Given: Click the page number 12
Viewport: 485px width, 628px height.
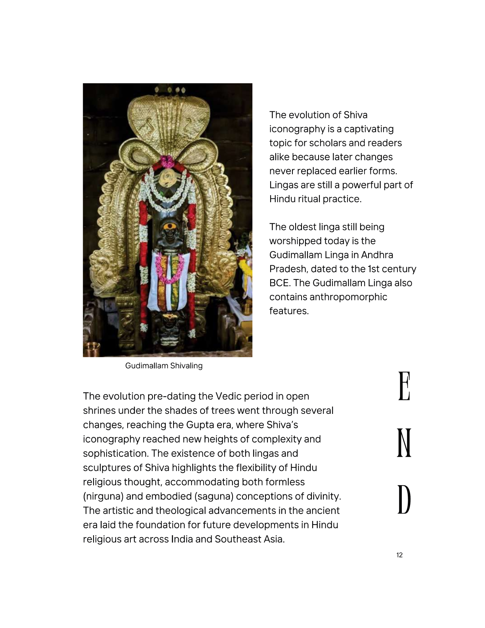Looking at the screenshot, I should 399,555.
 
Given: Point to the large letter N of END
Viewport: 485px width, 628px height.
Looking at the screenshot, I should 404,443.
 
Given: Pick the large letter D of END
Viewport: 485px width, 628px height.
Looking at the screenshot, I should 404,500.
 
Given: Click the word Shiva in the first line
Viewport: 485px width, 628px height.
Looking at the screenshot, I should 355,115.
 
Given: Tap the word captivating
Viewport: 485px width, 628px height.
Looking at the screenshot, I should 369,129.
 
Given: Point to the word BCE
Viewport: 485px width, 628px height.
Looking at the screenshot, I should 279,283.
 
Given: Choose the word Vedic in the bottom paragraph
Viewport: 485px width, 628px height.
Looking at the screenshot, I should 228,396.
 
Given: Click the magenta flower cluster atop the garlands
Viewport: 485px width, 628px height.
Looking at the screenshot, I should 167,161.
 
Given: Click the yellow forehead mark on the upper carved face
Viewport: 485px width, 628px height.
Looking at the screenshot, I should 169,228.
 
